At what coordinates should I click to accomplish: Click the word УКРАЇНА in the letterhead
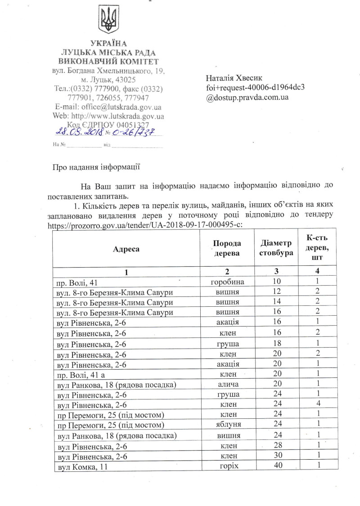[108, 44]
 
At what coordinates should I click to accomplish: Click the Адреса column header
[126, 248]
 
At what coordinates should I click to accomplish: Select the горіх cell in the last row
[227, 466]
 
